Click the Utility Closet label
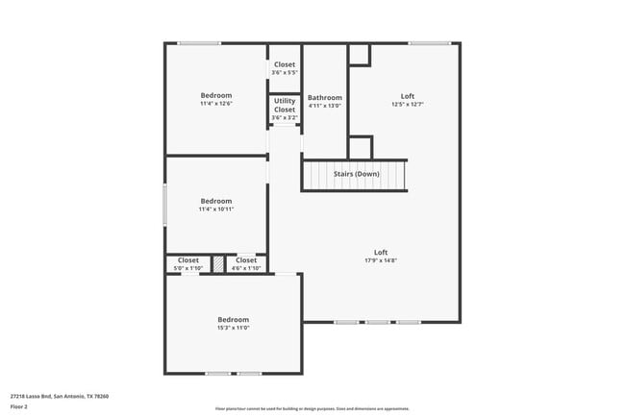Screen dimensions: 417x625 coord(285,105)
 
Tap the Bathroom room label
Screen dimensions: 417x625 coord(325,97)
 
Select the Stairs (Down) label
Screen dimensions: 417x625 coord(356,174)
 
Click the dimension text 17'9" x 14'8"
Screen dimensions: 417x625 coord(381,260)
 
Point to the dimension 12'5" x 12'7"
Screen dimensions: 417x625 coord(408,105)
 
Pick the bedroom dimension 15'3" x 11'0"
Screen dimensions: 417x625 coord(233,328)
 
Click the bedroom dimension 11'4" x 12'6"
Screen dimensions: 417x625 coord(216,104)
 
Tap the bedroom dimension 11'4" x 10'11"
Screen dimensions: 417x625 coord(216,208)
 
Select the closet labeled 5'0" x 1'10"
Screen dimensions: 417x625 coord(188,268)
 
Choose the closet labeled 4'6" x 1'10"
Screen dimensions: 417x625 coord(246,268)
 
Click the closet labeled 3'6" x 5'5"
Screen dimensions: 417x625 coord(285,72)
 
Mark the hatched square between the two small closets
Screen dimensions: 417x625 coord(218,262)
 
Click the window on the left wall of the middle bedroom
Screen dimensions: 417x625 coord(165,205)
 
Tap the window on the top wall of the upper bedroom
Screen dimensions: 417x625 coord(199,43)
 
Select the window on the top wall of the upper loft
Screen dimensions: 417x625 coord(429,43)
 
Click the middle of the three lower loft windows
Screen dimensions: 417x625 coord(377,322)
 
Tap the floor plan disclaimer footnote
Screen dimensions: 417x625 coord(312,408)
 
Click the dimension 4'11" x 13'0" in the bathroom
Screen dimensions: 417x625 coord(325,105)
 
